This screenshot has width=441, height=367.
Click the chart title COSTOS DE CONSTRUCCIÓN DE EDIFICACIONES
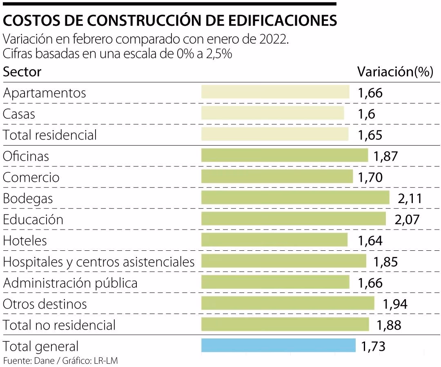[170, 21]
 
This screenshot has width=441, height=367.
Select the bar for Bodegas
[295, 198]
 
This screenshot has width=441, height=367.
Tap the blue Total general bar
[278, 346]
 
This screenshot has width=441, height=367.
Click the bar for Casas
[272, 113]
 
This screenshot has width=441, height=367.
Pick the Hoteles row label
[25, 241]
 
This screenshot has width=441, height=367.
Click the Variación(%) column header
[395, 72]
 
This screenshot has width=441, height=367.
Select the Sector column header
[22, 72]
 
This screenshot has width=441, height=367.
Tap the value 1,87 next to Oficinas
[385, 156]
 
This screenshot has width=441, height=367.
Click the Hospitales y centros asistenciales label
[98, 262]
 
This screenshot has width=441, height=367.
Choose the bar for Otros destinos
[287, 303]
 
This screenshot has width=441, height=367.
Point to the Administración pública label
[70, 283]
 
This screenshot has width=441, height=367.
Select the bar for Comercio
[277, 177]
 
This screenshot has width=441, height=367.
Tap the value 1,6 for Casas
[366, 114]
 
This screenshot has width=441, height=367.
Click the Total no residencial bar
[285, 325]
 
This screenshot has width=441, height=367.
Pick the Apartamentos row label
[45, 93]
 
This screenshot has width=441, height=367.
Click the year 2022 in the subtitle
[275, 40]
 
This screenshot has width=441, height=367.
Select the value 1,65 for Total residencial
[370, 135]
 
